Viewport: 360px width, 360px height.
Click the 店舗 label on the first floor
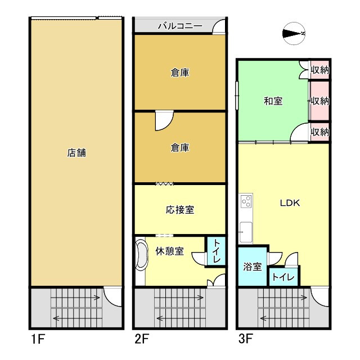coord(76,152)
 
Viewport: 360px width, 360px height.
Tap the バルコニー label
coord(179,26)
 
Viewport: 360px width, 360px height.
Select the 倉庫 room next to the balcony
coord(180,72)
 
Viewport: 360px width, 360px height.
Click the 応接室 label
coord(180,210)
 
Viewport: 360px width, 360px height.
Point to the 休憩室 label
coord(169,251)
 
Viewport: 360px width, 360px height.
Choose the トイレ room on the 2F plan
coord(217,251)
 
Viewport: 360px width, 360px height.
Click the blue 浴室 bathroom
coord(253,267)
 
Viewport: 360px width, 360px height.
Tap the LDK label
coord(290,204)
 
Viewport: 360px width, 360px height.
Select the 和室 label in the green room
coord(273,101)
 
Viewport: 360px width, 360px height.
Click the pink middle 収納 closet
coord(319,101)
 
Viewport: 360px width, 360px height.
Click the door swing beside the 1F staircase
coord(113,296)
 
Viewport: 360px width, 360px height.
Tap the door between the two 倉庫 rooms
coord(164,120)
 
